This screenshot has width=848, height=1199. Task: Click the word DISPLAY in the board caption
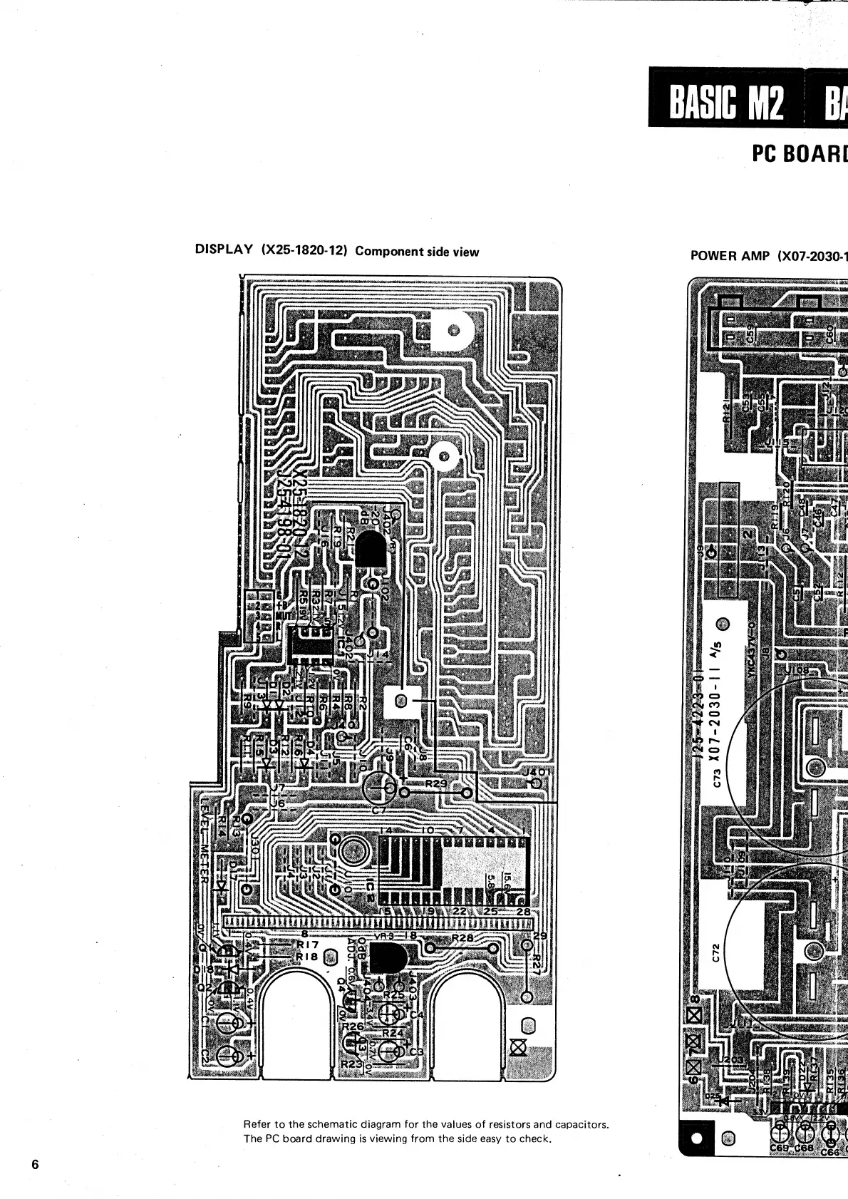(x=224, y=249)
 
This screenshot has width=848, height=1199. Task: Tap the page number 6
(x=35, y=1165)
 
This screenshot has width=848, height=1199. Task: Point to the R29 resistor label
(x=435, y=783)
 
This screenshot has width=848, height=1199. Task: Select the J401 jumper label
(x=534, y=771)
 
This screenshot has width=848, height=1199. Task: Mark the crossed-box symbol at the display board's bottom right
(x=519, y=1047)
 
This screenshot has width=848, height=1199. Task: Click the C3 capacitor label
(x=416, y=1052)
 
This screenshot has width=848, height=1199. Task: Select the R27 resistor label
(x=537, y=965)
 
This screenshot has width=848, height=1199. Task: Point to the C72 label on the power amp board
(x=718, y=952)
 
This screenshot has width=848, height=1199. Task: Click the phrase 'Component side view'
(x=417, y=251)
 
